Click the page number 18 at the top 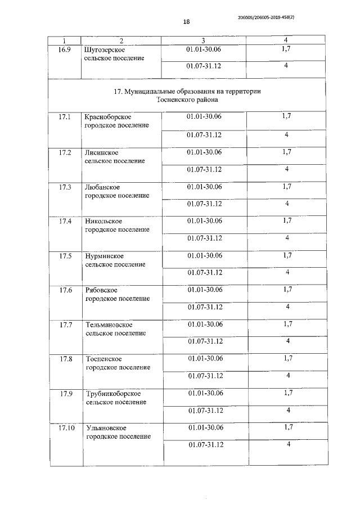point(186,22)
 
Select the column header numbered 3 point(203,41)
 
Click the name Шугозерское point(103,50)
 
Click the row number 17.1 point(65,117)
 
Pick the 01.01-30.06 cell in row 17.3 point(204,186)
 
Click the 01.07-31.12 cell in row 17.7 point(205,341)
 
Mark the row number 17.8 point(66,359)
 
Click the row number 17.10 point(66,428)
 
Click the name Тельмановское point(109,325)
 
